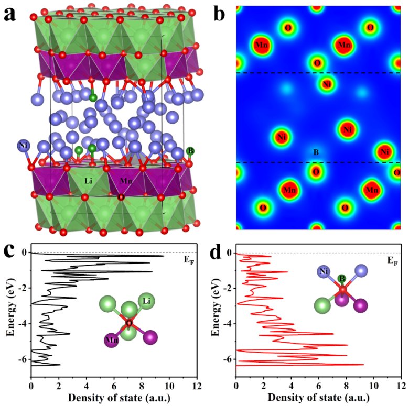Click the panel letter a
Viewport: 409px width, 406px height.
coord(11,14)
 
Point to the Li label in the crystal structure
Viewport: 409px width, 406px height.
coord(89,181)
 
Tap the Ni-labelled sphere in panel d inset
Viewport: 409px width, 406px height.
coord(323,271)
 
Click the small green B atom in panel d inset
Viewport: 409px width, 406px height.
coord(341,278)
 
